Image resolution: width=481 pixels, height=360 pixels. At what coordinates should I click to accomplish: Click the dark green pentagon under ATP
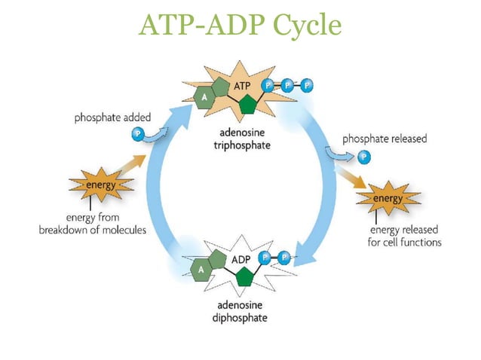[x=243, y=105]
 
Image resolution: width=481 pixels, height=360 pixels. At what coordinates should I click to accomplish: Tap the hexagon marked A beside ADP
[x=202, y=267]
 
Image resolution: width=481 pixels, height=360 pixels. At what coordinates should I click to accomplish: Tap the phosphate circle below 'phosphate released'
[x=364, y=157]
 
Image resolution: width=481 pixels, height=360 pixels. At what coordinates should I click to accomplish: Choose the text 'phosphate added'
[x=111, y=118]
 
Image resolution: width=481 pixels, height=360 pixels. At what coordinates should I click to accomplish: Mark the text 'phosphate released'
[x=384, y=139]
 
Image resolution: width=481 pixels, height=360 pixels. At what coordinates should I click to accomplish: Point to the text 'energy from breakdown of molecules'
[x=93, y=224]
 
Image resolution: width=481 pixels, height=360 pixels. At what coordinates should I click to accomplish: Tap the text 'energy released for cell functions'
[x=405, y=236]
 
